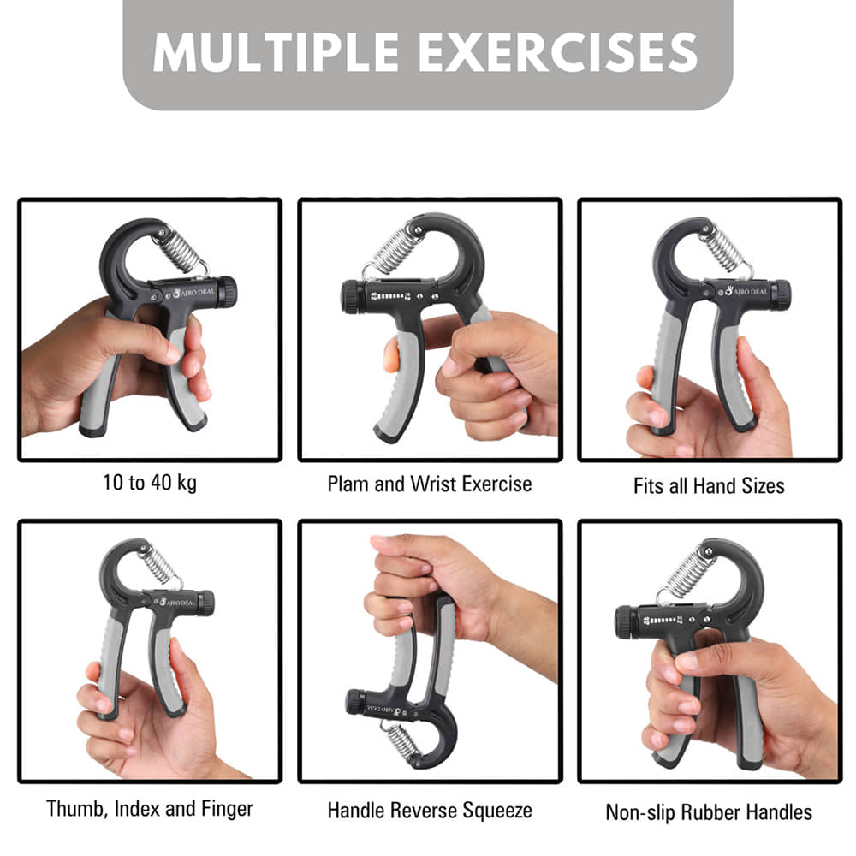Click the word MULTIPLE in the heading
pyautogui.click(x=276, y=52)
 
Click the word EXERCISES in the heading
pyautogui.click(x=558, y=52)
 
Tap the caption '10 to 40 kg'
pyautogui.click(x=150, y=483)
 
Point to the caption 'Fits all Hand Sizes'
pyautogui.click(x=709, y=485)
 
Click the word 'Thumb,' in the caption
pyautogui.click(x=76, y=809)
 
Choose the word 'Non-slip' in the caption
pyautogui.click(x=638, y=812)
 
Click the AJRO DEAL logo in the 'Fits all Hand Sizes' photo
pyautogui.click(x=746, y=292)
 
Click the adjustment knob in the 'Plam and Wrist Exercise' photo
pyautogui.click(x=352, y=298)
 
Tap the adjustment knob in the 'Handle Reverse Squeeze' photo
pyautogui.click(x=355, y=702)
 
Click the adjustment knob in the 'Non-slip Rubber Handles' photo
pyautogui.click(x=626, y=621)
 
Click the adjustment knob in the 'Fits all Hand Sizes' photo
pyautogui.click(x=782, y=294)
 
